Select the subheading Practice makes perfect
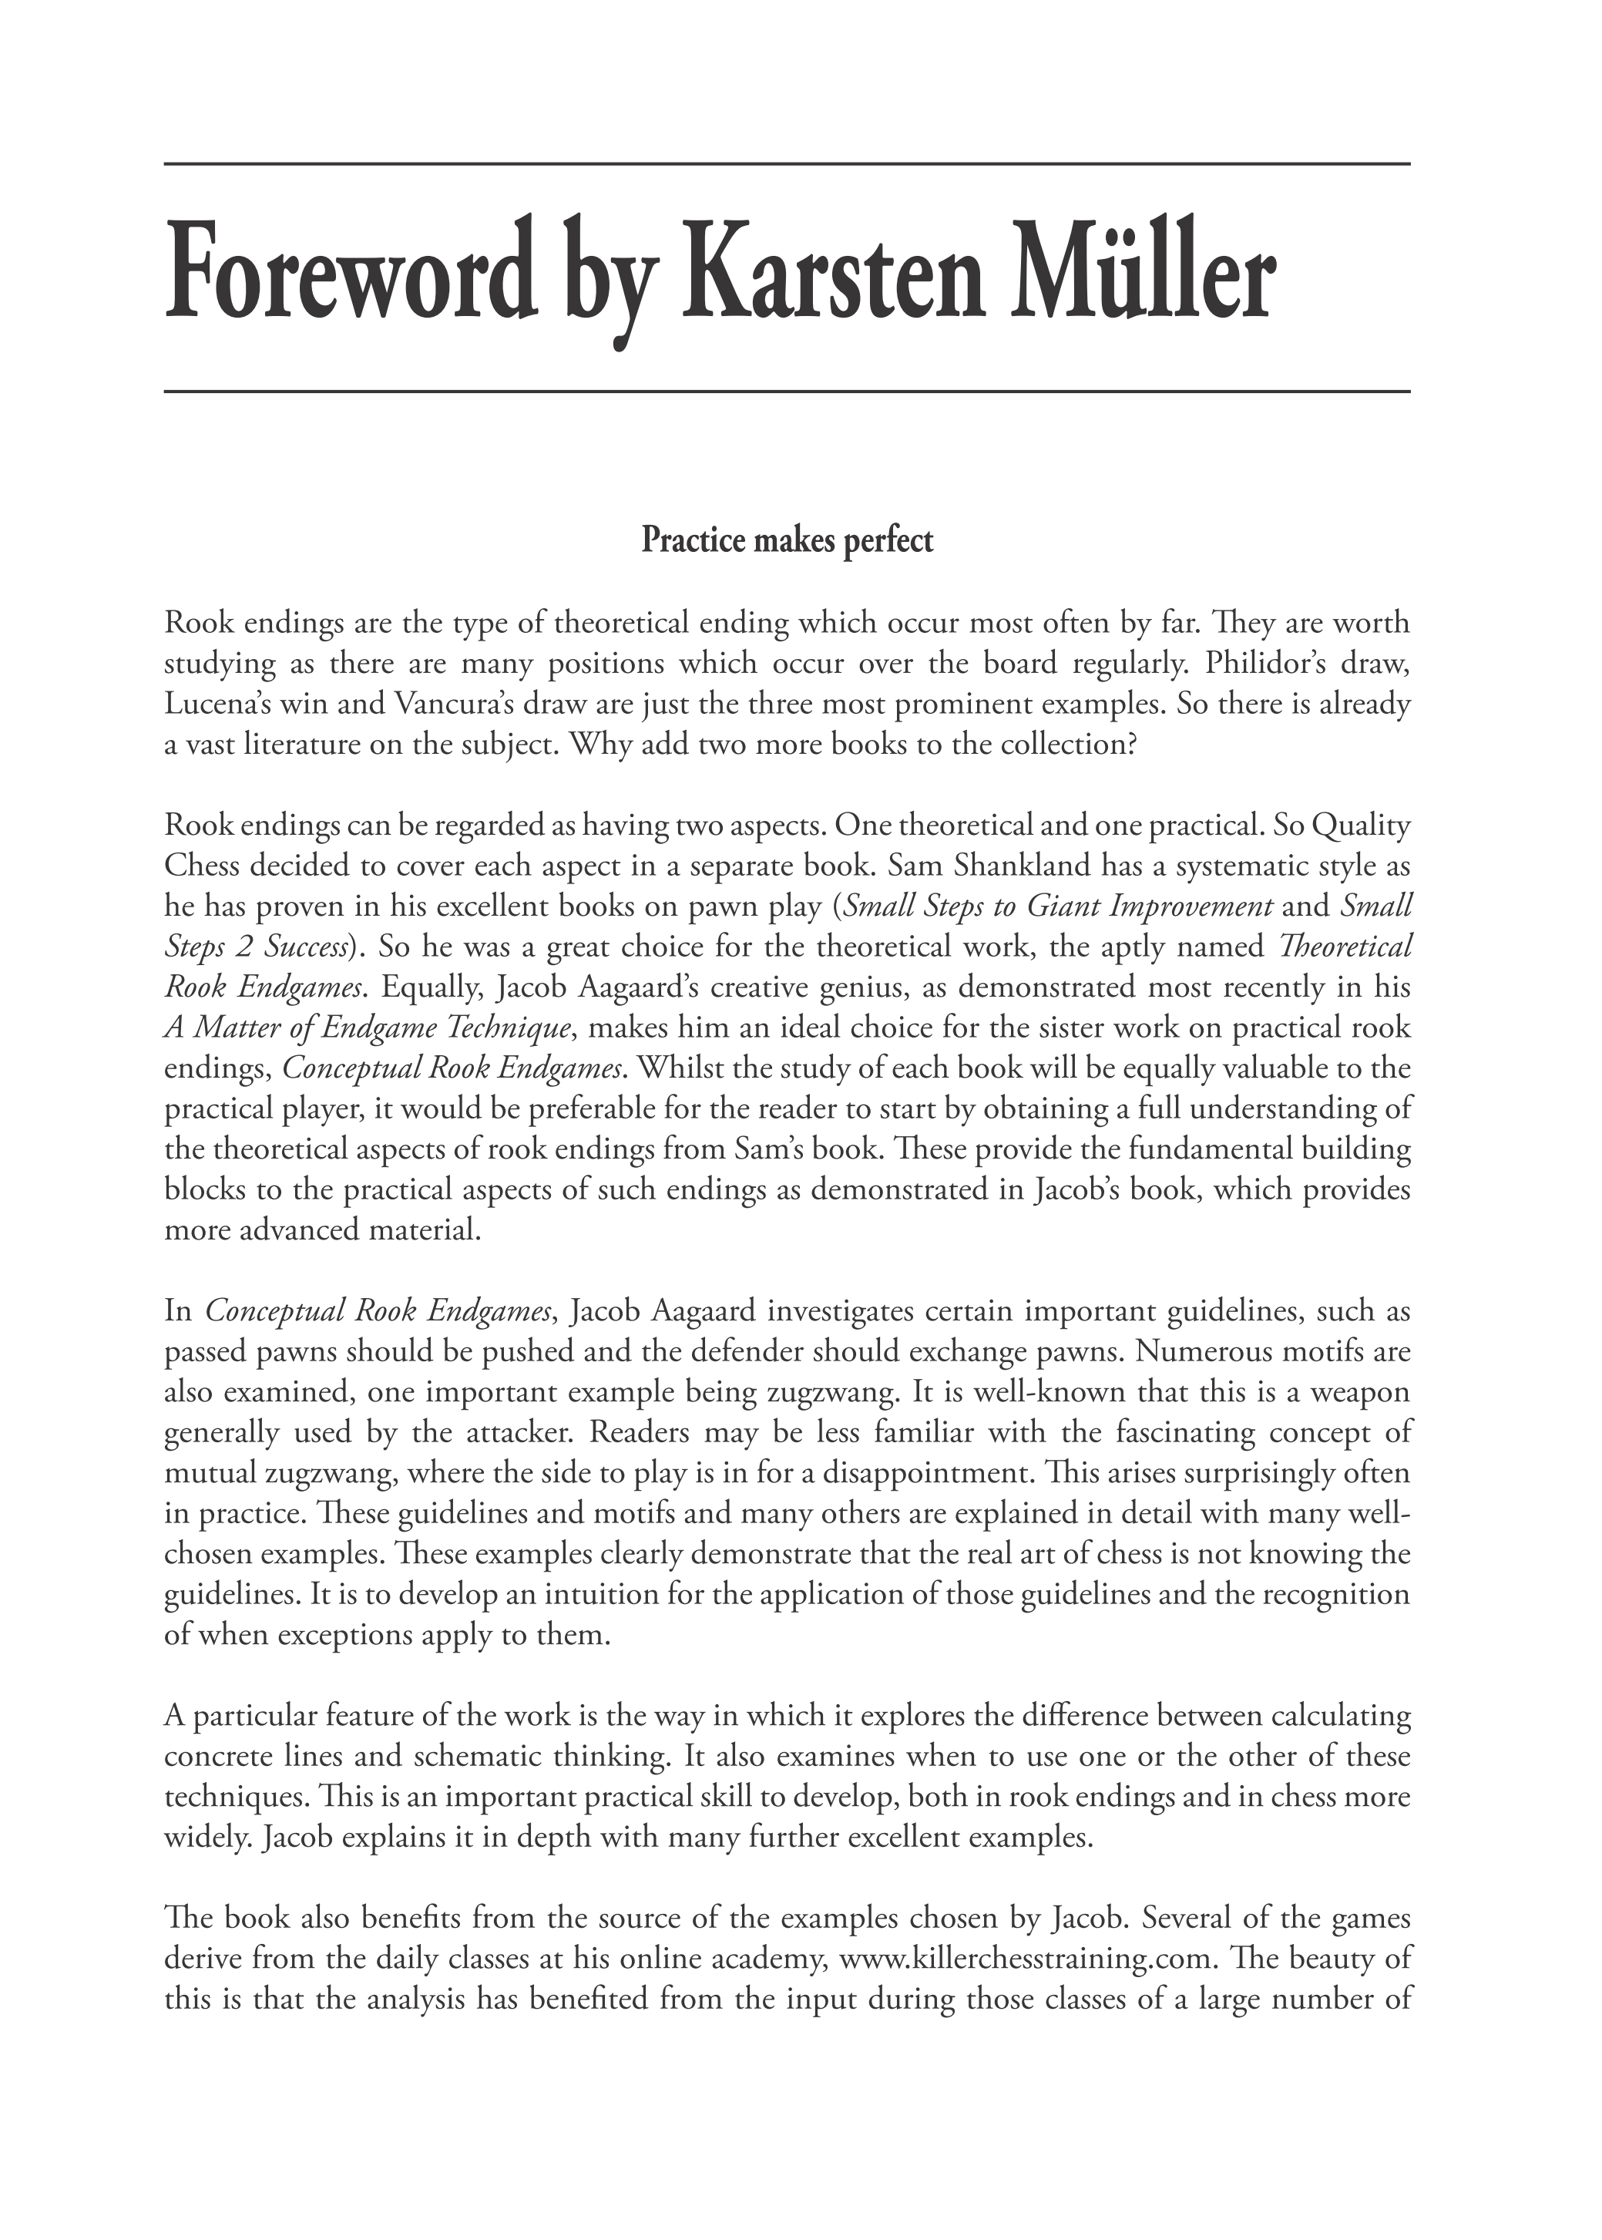coord(788,541)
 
